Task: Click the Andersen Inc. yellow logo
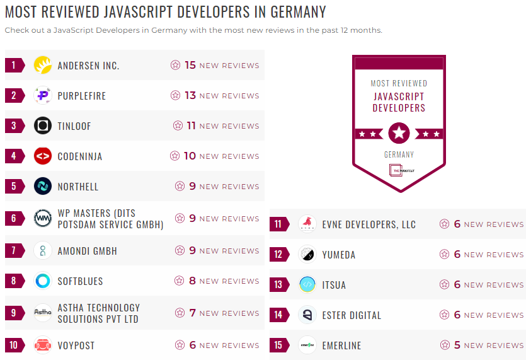(42, 65)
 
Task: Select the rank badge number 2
(14, 96)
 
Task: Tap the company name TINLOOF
(74, 126)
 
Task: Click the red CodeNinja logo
(42, 156)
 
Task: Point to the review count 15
(190, 65)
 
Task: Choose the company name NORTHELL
(78, 187)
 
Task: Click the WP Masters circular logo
(42, 219)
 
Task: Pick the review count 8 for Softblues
(193, 281)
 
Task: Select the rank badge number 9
(14, 313)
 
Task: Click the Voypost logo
(42, 345)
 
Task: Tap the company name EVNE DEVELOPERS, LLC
(369, 224)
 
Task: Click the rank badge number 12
(278, 255)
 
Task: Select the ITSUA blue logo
(307, 285)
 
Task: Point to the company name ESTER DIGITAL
(352, 315)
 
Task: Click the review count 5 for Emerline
(457, 345)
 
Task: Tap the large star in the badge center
(399, 133)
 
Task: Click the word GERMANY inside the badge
(399, 154)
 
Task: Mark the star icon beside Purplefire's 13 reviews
(175, 96)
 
